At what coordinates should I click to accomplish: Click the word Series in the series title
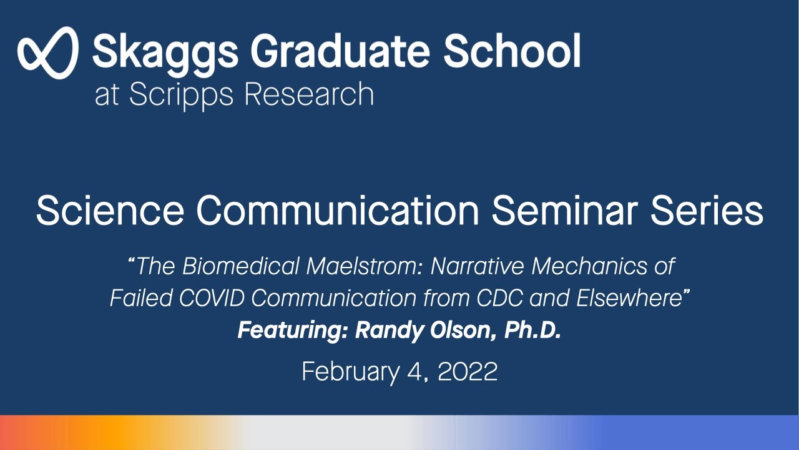point(708,211)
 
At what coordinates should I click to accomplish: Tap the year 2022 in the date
point(468,372)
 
